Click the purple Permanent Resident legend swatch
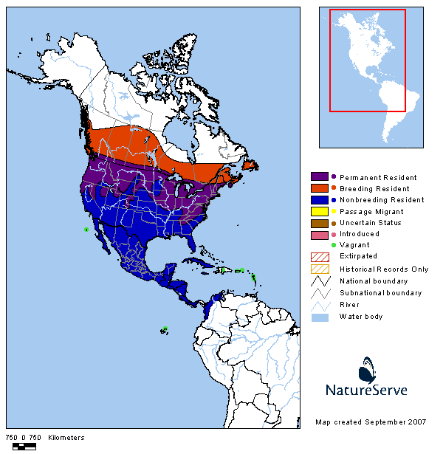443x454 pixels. pos(319,177)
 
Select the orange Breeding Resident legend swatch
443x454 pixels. pos(319,188)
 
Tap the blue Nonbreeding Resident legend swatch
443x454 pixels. pos(319,199)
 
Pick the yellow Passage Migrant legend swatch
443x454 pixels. pos(319,211)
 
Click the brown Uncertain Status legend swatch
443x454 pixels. pos(319,222)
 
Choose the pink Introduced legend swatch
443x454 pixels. pos(319,234)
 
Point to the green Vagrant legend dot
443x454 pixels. pos(334,245)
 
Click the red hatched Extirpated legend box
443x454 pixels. pos(319,257)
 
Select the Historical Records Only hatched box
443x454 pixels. pos(319,269)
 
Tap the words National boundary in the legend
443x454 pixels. pos(373,281)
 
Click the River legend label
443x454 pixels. pos(349,304)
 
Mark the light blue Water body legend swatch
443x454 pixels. pos(319,316)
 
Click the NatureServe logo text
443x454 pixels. pos(366,389)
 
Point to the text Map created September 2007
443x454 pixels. pos(370,422)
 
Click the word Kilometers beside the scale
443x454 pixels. pos(66,438)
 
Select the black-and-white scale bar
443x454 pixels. pos(24,447)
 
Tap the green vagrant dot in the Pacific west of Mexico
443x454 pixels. pos(86,230)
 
